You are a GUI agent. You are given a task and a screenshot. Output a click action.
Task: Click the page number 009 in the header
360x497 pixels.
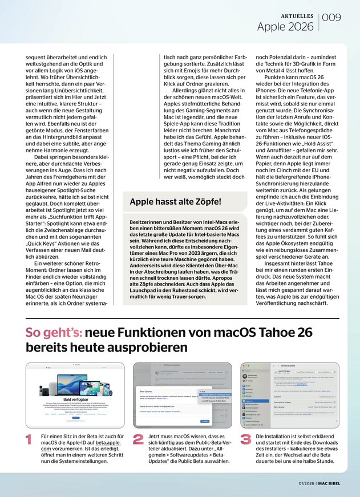click(x=332, y=18)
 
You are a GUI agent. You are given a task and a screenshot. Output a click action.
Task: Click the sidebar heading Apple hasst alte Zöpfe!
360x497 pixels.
click(x=175, y=201)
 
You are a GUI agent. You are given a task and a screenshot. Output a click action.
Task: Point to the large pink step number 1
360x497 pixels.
click(x=30, y=439)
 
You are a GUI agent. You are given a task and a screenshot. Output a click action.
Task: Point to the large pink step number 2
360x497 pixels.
click(x=137, y=439)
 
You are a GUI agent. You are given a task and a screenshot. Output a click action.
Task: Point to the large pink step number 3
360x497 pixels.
click(x=246, y=439)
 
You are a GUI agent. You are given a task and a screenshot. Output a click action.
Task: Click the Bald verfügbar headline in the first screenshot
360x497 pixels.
click(x=75, y=400)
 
